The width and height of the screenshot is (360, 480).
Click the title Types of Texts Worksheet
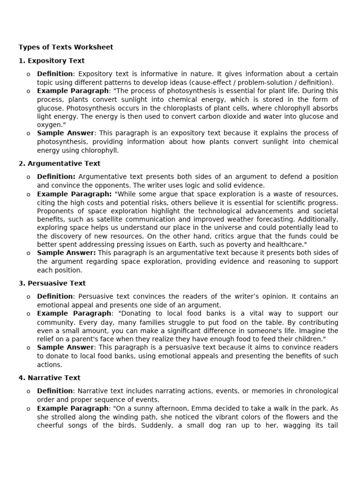click(66, 47)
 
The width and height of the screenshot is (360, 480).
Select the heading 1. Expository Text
click(52, 61)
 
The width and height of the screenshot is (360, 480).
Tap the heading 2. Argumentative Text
click(60, 164)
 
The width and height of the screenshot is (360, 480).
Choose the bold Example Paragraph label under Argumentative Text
click(74, 194)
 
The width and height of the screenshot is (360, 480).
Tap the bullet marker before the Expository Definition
click(28, 74)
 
